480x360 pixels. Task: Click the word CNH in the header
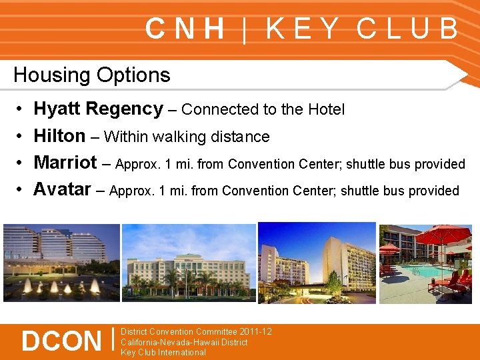pos(185,29)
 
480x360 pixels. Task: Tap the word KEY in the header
pos(303,29)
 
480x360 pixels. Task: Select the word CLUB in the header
pos(407,29)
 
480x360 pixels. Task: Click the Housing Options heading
pos(92,75)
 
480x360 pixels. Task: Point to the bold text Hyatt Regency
pos(98,109)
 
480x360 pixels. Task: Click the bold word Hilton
pos(59,136)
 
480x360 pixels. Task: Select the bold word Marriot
pos(65,163)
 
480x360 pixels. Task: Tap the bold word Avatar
pos(62,190)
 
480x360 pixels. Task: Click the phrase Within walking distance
pos(187,137)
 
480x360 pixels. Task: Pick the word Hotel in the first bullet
pos(326,109)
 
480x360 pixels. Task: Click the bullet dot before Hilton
pos(20,137)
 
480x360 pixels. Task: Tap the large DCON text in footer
pos(61,341)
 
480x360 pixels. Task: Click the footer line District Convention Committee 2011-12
pos(196,331)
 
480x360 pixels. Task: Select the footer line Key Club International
pos(163,353)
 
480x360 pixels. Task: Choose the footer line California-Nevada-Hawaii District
pos(184,342)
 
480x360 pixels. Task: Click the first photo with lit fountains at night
pos(61,263)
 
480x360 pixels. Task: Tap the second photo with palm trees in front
pos(189,263)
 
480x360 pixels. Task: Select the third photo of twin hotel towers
pos(317,263)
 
